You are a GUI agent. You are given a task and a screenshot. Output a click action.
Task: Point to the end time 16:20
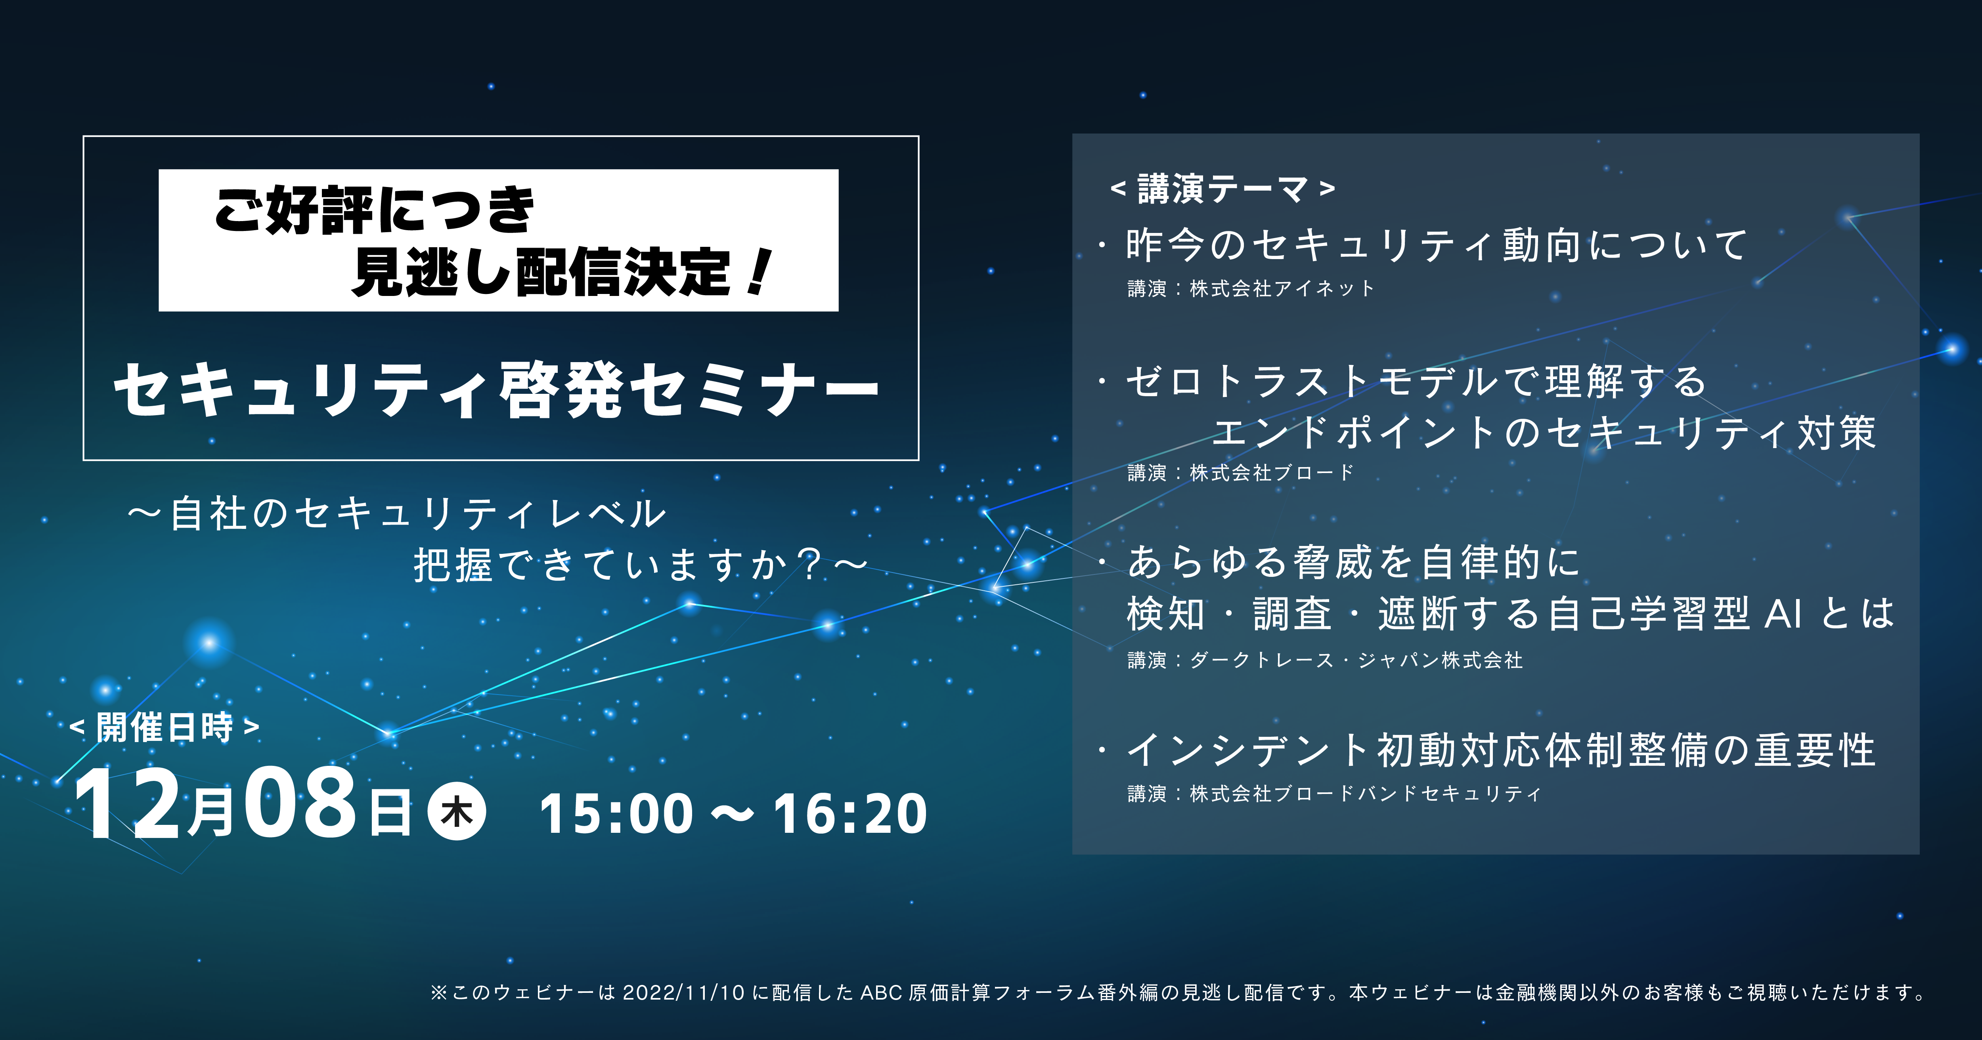click(850, 814)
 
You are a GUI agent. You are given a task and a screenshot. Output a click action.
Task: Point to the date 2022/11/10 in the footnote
click(683, 993)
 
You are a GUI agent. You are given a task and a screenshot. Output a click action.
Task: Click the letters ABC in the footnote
click(881, 993)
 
